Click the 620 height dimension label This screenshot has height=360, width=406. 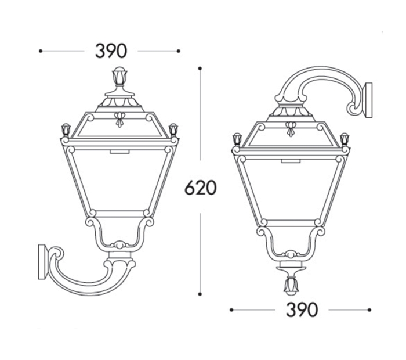coord(201,188)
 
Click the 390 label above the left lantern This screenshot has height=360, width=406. coord(111,51)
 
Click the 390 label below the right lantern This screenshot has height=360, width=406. coord(302,309)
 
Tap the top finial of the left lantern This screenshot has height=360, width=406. coord(119,76)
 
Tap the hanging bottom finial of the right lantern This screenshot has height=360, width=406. coord(291,286)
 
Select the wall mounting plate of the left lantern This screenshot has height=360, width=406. coord(42,262)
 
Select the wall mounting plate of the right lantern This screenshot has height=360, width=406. coord(368,100)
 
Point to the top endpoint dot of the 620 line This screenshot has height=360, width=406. coord(200,69)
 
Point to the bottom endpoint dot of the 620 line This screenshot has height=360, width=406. coord(200,294)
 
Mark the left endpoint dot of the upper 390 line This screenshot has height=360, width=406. coord(41,51)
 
